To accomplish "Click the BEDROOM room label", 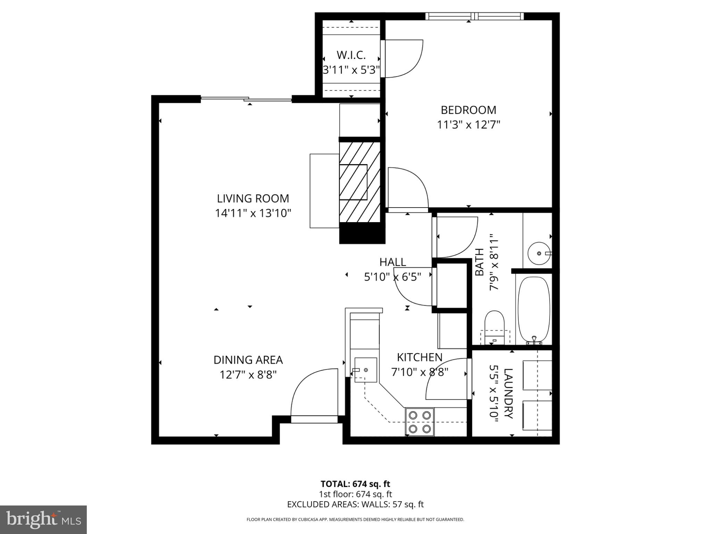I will [x=468, y=110].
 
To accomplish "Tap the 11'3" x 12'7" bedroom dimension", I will [x=468, y=125].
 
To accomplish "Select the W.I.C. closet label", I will [x=351, y=55].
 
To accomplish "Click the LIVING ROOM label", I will [x=253, y=199].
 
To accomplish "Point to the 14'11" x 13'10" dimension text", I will [x=253, y=213].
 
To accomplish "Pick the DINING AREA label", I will [x=248, y=360].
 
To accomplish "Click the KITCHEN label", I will [x=419, y=357].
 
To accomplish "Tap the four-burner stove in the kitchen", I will [x=419, y=422].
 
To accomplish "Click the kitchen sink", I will [x=365, y=370].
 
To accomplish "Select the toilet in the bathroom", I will [x=494, y=327].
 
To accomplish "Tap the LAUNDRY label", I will [x=508, y=394].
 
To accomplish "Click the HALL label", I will [x=392, y=262].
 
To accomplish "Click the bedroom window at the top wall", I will [x=474, y=16].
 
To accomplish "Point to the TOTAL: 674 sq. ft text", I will [x=355, y=484].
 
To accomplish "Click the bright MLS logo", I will [x=43, y=519].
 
